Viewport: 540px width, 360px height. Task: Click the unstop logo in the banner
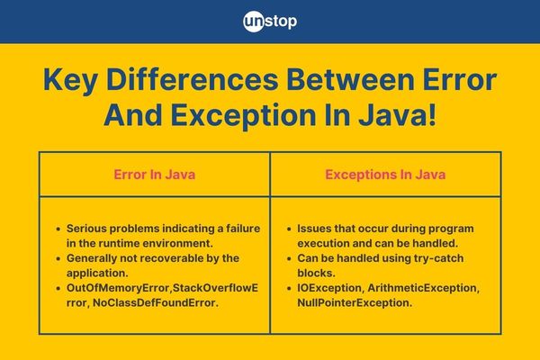pyautogui.click(x=270, y=22)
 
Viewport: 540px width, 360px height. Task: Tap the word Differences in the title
pyautogui.click(x=193, y=79)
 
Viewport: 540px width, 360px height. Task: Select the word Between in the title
pyautogui.click(x=350, y=79)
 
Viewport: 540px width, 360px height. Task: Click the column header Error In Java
pyautogui.click(x=155, y=175)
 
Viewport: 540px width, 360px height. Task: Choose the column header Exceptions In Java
pyautogui.click(x=385, y=175)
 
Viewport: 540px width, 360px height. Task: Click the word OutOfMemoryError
pyautogui.click(x=118, y=288)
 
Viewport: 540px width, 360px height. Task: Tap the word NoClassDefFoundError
pyautogui.click(x=156, y=302)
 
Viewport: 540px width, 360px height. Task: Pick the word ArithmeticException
pyautogui.click(x=423, y=288)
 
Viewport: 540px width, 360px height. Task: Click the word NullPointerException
pyautogui.click(x=355, y=302)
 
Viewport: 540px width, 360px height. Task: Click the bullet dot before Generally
pyautogui.click(x=58, y=258)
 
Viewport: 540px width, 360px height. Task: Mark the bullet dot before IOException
pyautogui.click(x=289, y=288)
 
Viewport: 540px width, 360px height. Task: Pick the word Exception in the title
pyautogui.click(x=243, y=116)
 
